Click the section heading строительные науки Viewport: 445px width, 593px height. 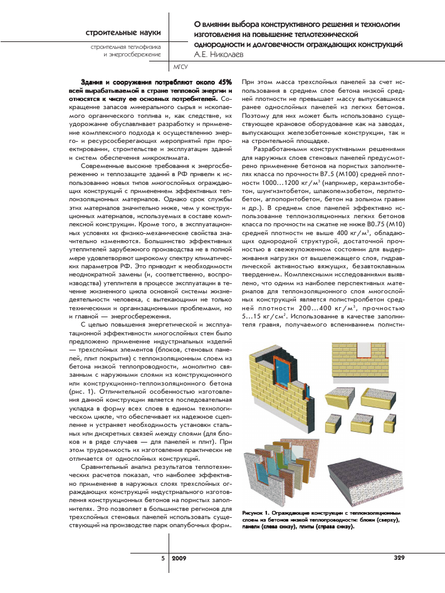[123, 32]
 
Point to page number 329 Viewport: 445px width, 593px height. [399, 557]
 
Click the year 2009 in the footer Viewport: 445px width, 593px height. [179, 557]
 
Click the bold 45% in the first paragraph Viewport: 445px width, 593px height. [225, 82]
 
